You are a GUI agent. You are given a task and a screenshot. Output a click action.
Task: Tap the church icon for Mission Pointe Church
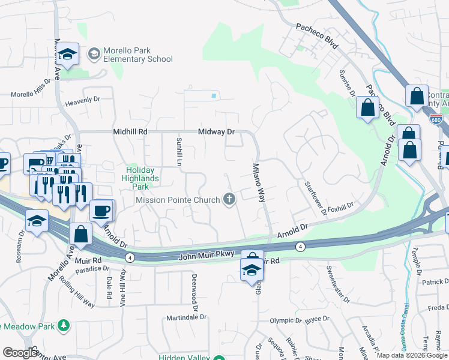[x=229, y=199]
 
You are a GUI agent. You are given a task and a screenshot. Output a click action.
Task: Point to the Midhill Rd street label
[x=130, y=131]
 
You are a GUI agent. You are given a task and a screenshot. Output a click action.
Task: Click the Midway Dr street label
[x=216, y=131]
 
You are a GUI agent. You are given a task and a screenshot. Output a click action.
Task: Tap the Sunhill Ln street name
[x=178, y=152]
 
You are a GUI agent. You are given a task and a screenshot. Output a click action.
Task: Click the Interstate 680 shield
[x=436, y=119]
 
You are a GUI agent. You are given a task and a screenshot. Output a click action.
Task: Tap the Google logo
[x=20, y=353]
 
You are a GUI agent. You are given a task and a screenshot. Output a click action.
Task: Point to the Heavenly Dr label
[x=83, y=99]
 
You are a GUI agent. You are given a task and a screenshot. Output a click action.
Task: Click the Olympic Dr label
[x=284, y=321]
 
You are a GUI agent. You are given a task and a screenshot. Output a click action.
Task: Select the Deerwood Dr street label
[x=194, y=289]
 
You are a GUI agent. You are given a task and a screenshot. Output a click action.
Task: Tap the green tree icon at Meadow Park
[x=63, y=326]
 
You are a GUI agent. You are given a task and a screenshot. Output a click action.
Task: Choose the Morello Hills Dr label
[x=31, y=88]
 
